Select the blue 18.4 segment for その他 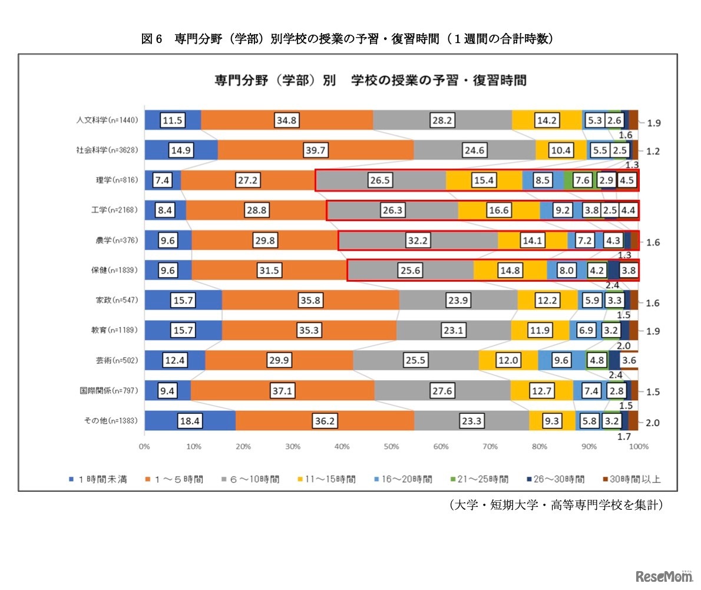coord(190,422)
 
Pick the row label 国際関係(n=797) coord(108,390)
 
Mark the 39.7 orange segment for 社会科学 coord(316,150)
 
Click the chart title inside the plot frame coord(370,81)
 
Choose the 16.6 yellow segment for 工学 coord(498,210)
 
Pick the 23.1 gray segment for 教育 coord(454,331)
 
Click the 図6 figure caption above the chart coord(347,39)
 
